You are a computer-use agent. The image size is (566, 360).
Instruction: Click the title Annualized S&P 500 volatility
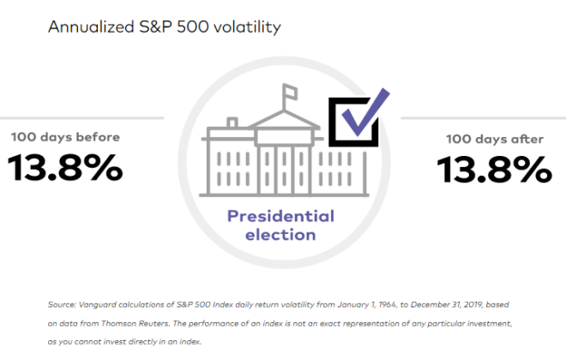pos(164,27)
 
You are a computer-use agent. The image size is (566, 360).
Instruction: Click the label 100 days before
pos(65,136)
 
